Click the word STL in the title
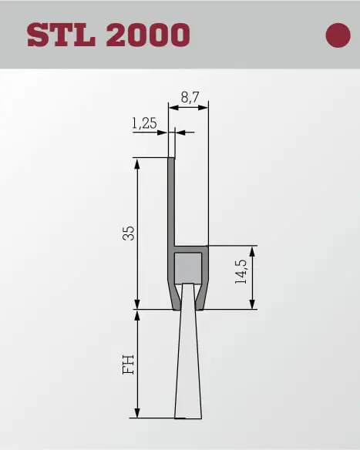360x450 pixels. (x=61, y=35)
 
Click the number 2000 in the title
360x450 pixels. (x=148, y=35)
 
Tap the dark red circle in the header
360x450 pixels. (x=338, y=35)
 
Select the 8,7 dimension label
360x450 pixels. (x=190, y=98)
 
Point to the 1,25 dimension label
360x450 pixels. (x=144, y=123)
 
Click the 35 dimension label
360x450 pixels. (x=129, y=233)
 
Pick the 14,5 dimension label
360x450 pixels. (x=241, y=271)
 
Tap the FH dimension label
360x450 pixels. (x=129, y=364)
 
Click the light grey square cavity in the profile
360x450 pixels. (x=188, y=268)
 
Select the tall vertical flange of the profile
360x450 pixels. (x=171, y=201)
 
